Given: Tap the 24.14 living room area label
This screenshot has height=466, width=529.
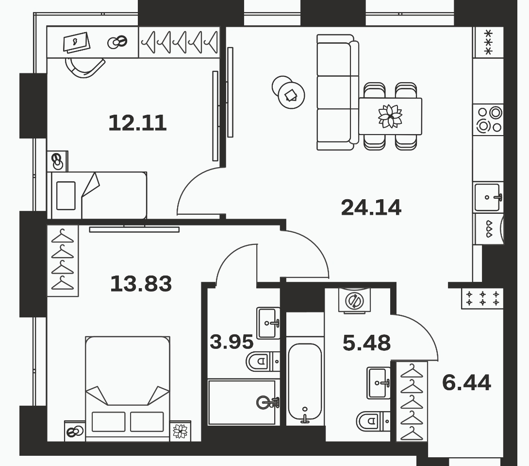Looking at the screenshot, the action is pyautogui.click(x=371, y=207).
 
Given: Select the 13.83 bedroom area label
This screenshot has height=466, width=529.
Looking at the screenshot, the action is pyautogui.click(x=141, y=283).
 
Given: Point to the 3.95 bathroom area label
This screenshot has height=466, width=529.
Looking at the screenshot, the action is pyautogui.click(x=231, y=342).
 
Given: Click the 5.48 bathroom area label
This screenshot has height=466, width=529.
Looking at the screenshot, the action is pyautogui.click(x=366, y=343).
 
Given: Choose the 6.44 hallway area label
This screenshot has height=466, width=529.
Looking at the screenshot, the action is pyautogui.click(x=466, y=382).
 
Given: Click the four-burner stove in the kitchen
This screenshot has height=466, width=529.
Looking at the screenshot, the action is pyautogui.click(x=488, y=120).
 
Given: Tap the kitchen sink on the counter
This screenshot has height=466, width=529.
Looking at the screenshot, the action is pyautogui.click(x=488, y=197).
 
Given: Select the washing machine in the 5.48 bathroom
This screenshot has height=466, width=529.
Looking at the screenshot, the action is pyautogui.click(x=354, y=300).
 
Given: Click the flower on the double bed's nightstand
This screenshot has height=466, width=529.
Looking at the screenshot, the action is pyautogui.click(x=180, y=431).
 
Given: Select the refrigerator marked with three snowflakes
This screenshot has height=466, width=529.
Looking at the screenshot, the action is pyautogui.click(x=488, y=42).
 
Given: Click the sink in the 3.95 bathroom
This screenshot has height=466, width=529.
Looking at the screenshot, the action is pyautogui.click(x=268, y=323).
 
